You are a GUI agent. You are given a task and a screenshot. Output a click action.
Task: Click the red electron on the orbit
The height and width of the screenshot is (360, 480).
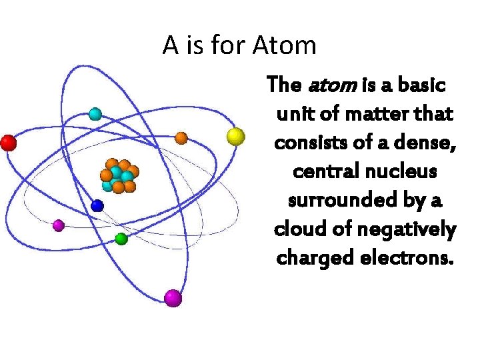[8, 143]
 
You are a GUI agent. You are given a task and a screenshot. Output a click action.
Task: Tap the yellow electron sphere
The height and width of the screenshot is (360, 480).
[235, 137]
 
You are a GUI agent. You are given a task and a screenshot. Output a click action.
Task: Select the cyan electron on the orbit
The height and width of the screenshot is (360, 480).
[95, 114]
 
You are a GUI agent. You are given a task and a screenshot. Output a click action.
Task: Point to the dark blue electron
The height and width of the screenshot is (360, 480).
[97, 205]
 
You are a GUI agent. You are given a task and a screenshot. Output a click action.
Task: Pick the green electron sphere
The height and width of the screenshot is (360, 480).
[121, 238]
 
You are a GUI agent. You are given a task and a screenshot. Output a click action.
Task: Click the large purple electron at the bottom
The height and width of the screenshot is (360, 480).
[173, 297]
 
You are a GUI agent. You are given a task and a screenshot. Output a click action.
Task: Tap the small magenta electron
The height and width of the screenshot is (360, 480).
[59, 225]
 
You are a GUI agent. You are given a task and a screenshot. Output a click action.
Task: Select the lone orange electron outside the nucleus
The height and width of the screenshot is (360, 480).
[181, 138]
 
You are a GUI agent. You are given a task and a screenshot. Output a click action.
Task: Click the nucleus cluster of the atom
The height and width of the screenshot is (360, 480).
[119, 176]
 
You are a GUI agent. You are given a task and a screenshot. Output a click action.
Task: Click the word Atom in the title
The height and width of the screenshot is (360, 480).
[285, 45]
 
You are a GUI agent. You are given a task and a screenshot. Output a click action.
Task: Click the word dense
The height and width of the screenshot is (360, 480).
[423, 143]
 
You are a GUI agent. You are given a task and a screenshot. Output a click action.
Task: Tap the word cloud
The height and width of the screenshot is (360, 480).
[297, 229]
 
